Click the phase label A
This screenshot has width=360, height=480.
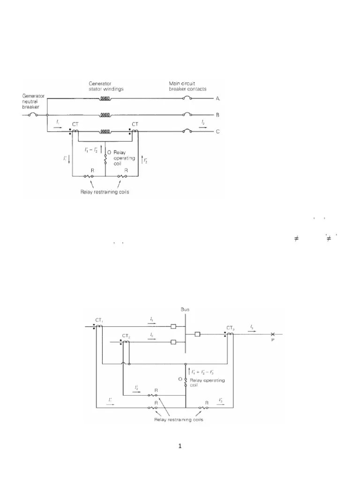pyautogui.click(x=217, y=98)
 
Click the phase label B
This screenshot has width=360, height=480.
pyautogui.click(x=217, y=114)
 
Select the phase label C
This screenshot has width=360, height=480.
pyautogui.click(x=217, y=131)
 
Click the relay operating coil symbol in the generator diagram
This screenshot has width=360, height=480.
pyautogui.click(x=105, y=159)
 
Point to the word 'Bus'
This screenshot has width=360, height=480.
pyautogui.click(x=185, y=309)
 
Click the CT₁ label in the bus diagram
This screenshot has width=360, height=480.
pyautogui.click(x=99, y=320)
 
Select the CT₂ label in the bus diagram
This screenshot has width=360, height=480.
pyautogui.click(x=125, y=336)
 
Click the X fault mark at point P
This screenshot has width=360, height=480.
pyautogui.click(x=272, y=335)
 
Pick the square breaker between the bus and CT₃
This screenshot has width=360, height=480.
pyautogui.click(x=198, y=335)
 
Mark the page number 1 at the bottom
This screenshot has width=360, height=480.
pyautogui.click(x=180, y=446)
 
